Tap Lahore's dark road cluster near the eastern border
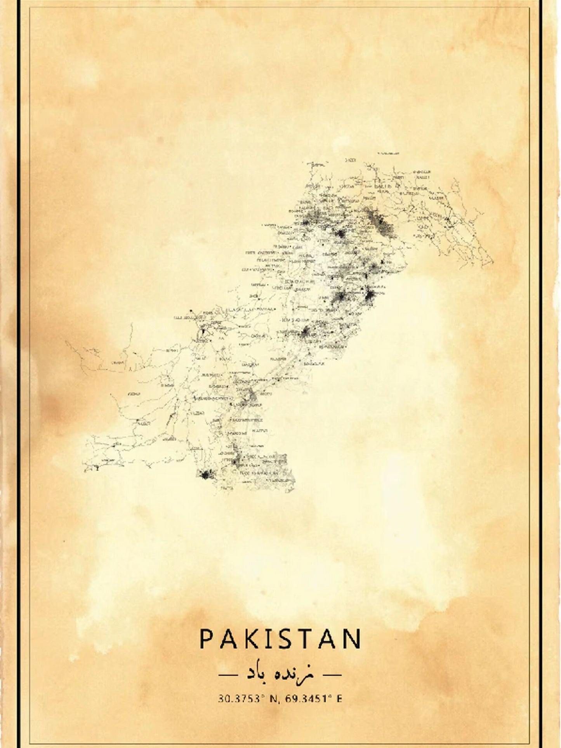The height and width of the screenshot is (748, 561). (369, 297)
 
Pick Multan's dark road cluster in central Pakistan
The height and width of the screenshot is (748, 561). (305, 333)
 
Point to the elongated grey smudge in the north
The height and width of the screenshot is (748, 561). (380, 223)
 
